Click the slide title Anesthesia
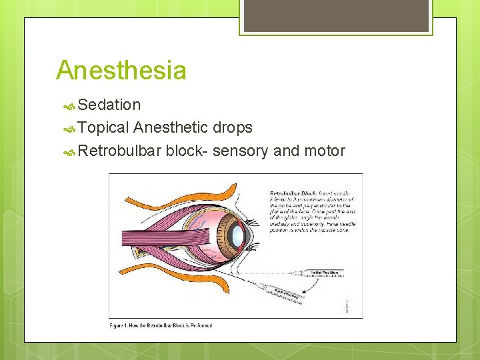click(121, 70)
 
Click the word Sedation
click(109, 105)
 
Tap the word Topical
click(103, 127)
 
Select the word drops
click(233, 127)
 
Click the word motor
click(325, 151)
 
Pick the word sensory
click(244, 151)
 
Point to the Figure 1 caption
click(161, 325)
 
